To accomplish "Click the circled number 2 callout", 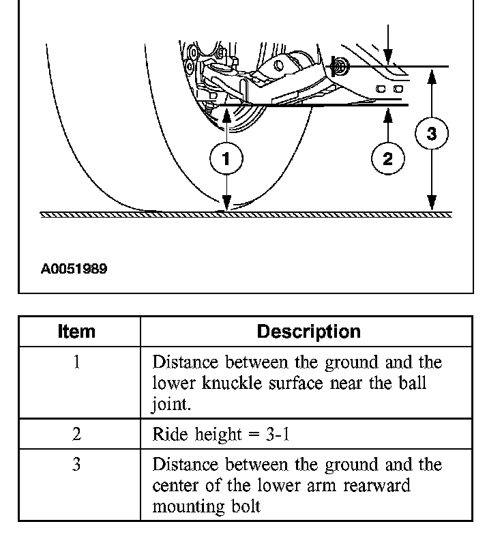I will pos(387,159).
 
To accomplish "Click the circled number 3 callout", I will pos(431,134).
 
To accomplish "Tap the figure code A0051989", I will pos(74,269).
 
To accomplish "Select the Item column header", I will pos(76,332).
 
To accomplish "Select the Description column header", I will pos(308,332).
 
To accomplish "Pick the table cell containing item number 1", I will pos(76,362).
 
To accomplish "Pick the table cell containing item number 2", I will pos(76,434).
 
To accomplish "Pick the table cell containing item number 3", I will pos(76,465).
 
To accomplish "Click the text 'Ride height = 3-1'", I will pos(220,434).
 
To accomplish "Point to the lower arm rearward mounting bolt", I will pos(339,67).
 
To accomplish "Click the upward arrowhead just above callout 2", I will pos(387,115).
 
